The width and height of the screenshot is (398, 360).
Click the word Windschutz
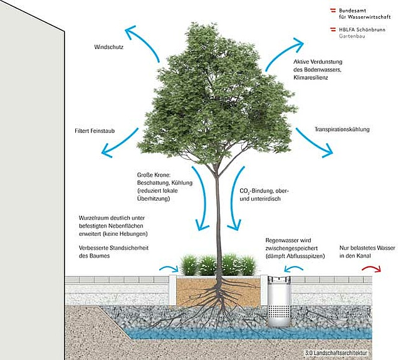(x=108, y=47)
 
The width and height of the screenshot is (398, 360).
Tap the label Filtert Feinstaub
(x=95, y=131)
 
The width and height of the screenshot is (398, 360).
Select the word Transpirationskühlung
(x=342, y=129)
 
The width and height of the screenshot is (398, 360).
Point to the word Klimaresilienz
(x=311, y=78)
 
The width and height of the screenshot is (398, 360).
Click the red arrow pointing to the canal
(x=372, y=268)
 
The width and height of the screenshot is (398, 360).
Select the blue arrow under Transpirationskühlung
(x=315, y=143)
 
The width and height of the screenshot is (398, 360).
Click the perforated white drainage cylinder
(x=279, y=302)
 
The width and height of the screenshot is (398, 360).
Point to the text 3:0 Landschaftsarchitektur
(x=337, y=353)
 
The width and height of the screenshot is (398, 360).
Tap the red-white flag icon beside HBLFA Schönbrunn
(x=333, y=29)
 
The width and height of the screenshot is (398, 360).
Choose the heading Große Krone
(x=154, y=175)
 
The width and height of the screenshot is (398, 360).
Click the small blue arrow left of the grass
(x=169, y=268)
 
